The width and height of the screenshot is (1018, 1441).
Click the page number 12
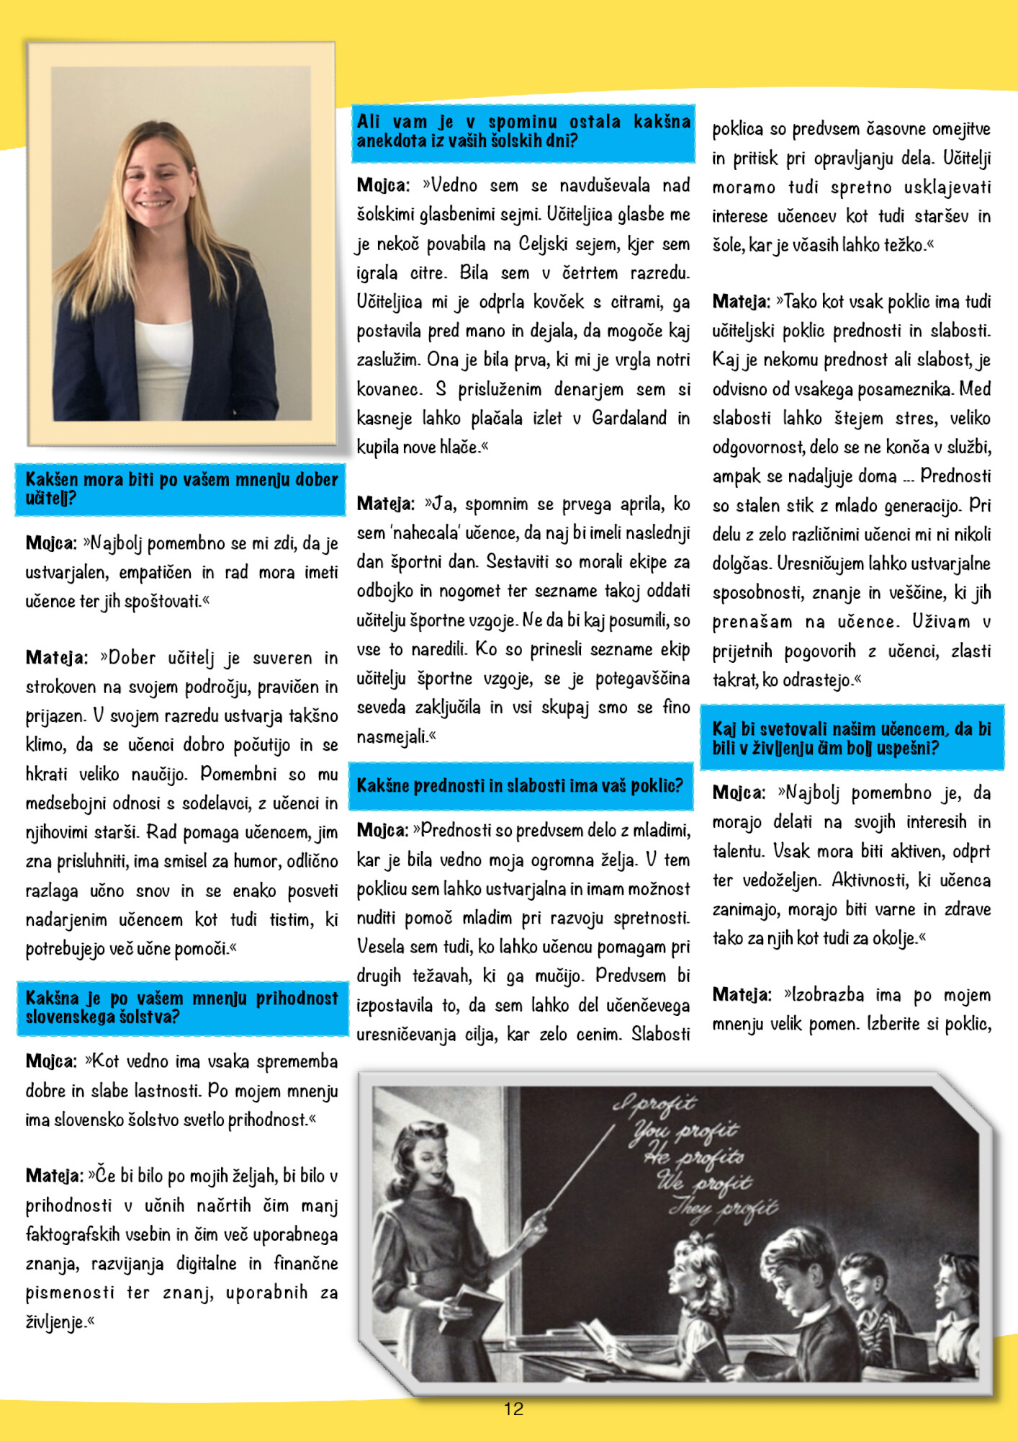tap(513, 1409)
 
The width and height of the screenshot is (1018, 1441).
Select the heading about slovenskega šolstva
tap(181, 1007)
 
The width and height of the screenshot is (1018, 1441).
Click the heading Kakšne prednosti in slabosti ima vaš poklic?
tap(519, 785)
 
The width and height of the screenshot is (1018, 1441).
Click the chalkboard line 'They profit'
tap(724, 1208)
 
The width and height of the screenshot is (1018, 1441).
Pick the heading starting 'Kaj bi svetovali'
tap(852, 738)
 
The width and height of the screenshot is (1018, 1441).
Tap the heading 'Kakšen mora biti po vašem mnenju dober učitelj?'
tap(181, 488)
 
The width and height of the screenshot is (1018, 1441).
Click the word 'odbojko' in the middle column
tap(385, 591)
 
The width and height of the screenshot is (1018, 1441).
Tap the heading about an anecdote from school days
tap(523, 131)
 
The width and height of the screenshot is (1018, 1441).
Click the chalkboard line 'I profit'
tap(655, 1103)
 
